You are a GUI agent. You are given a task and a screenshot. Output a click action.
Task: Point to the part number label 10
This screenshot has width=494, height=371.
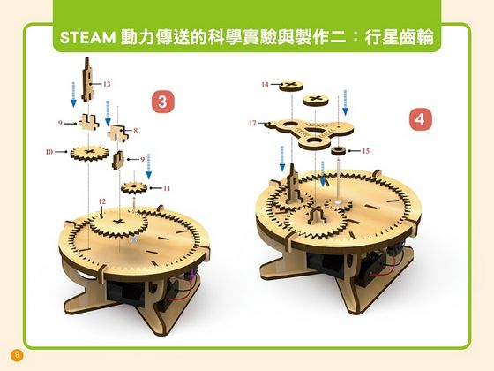point(49,152)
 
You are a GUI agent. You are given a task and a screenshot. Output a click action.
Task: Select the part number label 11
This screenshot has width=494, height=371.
point(167,188)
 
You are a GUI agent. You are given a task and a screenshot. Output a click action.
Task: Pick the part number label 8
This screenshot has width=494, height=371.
point(136,131)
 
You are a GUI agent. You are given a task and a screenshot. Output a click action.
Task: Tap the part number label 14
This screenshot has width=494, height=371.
point(265,84)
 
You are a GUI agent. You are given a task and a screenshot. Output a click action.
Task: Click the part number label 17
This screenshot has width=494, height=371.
point(252,124)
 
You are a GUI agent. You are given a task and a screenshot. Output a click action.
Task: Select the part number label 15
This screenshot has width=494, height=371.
point(365,150)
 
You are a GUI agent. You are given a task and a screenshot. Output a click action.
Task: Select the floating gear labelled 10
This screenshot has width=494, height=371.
point(86,153)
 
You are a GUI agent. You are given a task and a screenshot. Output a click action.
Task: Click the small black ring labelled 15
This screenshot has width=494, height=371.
point(338,151)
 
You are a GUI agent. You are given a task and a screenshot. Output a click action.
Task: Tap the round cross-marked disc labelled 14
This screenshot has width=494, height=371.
point(289,85)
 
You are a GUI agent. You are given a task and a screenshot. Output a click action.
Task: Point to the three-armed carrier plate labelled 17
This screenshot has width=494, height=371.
point(304,128)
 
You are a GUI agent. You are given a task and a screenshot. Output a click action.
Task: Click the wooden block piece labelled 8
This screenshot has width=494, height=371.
point(116,130)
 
